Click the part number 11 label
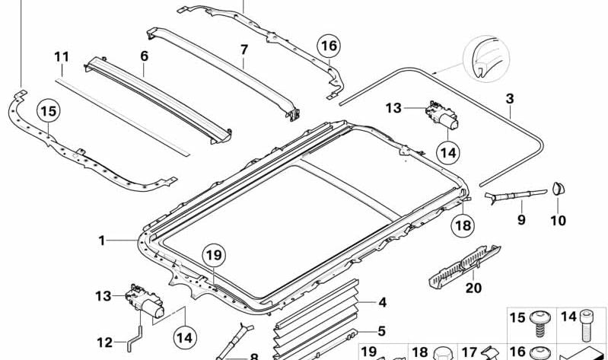(62, 57)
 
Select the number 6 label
(145, 56)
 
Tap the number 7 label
(244, 50)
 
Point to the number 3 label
(510, 99)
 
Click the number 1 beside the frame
(102, 241)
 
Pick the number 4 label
(382, 302)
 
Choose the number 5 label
(382, 331)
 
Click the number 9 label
(521, 220)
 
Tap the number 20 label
(473, 288)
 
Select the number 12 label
(105, 342)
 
